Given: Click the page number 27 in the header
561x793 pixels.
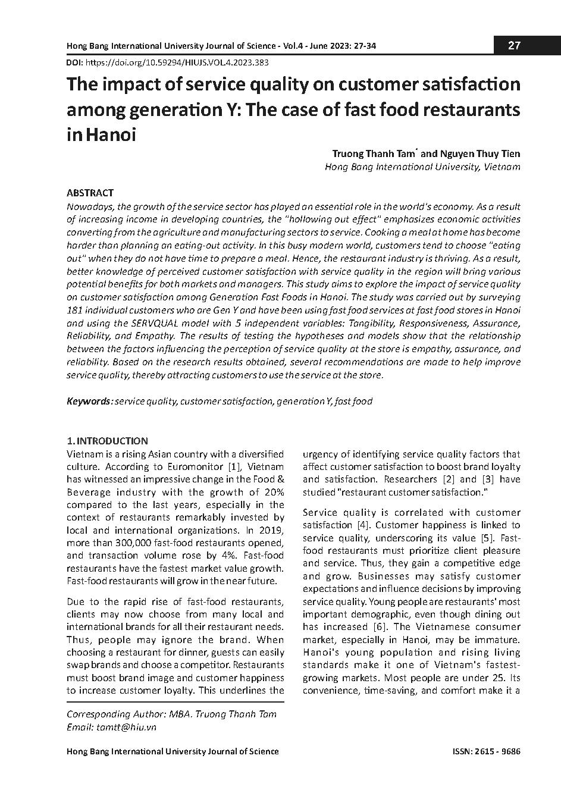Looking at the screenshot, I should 515,46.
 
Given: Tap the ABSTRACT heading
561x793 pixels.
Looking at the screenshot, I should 90,193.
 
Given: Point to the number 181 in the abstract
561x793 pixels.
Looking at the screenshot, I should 75,310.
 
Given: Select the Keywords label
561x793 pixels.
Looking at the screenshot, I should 89,401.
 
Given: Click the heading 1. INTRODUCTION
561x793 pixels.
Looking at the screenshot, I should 107,441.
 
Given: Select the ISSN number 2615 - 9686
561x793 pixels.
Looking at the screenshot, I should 499,751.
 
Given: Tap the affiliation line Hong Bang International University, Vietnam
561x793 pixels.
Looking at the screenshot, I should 422,167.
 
